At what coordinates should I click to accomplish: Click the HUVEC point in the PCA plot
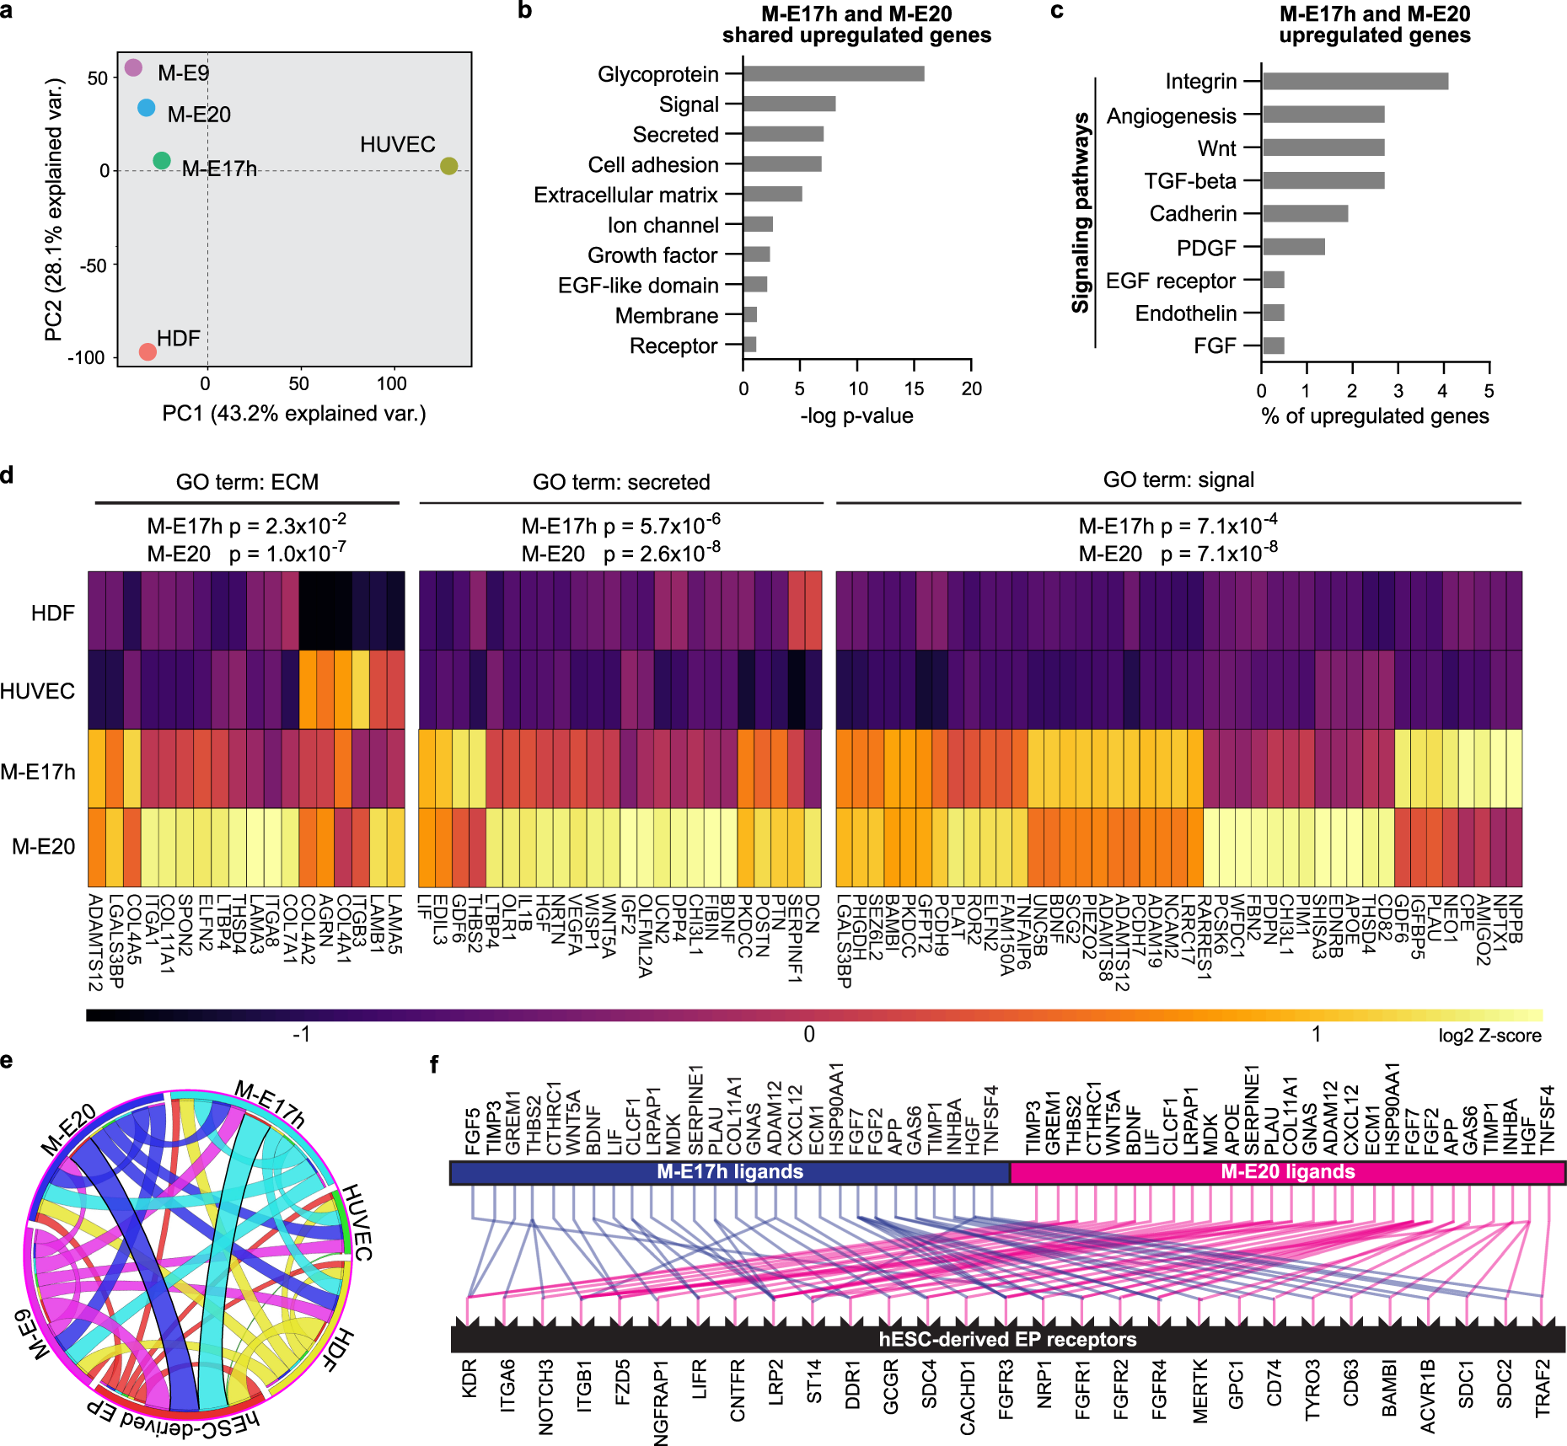pyautogui.click(x=448, y=166)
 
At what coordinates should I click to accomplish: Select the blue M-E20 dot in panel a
pyautogui.click(x=147, y=108)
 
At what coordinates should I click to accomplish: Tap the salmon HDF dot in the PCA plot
pyautogui.click(x=148, y=351)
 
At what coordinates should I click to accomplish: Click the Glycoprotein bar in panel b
pyautogui.click(x=833, y=74)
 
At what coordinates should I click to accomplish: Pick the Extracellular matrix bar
pyautogui.click(x=772, y=195)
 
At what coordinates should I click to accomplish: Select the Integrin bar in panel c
pyautogui.click(x=1355, y=82)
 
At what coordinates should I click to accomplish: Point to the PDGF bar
pyautogui.click(x=1293, y=247)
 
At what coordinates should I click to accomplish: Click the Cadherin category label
pyautogui.click(x=1193, y=214)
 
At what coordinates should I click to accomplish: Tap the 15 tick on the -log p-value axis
pyautogui.click(x=914, y=388)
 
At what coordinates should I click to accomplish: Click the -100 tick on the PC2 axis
pyautogui.click(x=87, y=358)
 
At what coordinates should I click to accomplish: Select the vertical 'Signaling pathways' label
pyautogui.click(x=1081, y=212)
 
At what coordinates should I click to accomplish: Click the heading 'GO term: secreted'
pyautogui.click(x=621, y=482)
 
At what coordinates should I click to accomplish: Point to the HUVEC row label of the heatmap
pyautogui.click(x=38, y=692)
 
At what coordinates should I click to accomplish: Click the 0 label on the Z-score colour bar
pyautogui.click(x=808, y=1034)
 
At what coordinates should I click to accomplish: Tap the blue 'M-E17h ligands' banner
pyautogui.click(x=729, y=1172)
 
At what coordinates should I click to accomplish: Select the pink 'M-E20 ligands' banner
pyautogui.click(x=1287, y=1172)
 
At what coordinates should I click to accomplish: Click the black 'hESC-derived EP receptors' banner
pyautogui.click(x=1007, y=1339)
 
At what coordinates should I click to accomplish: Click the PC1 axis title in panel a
pyautogui.click(x=293, y=414)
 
